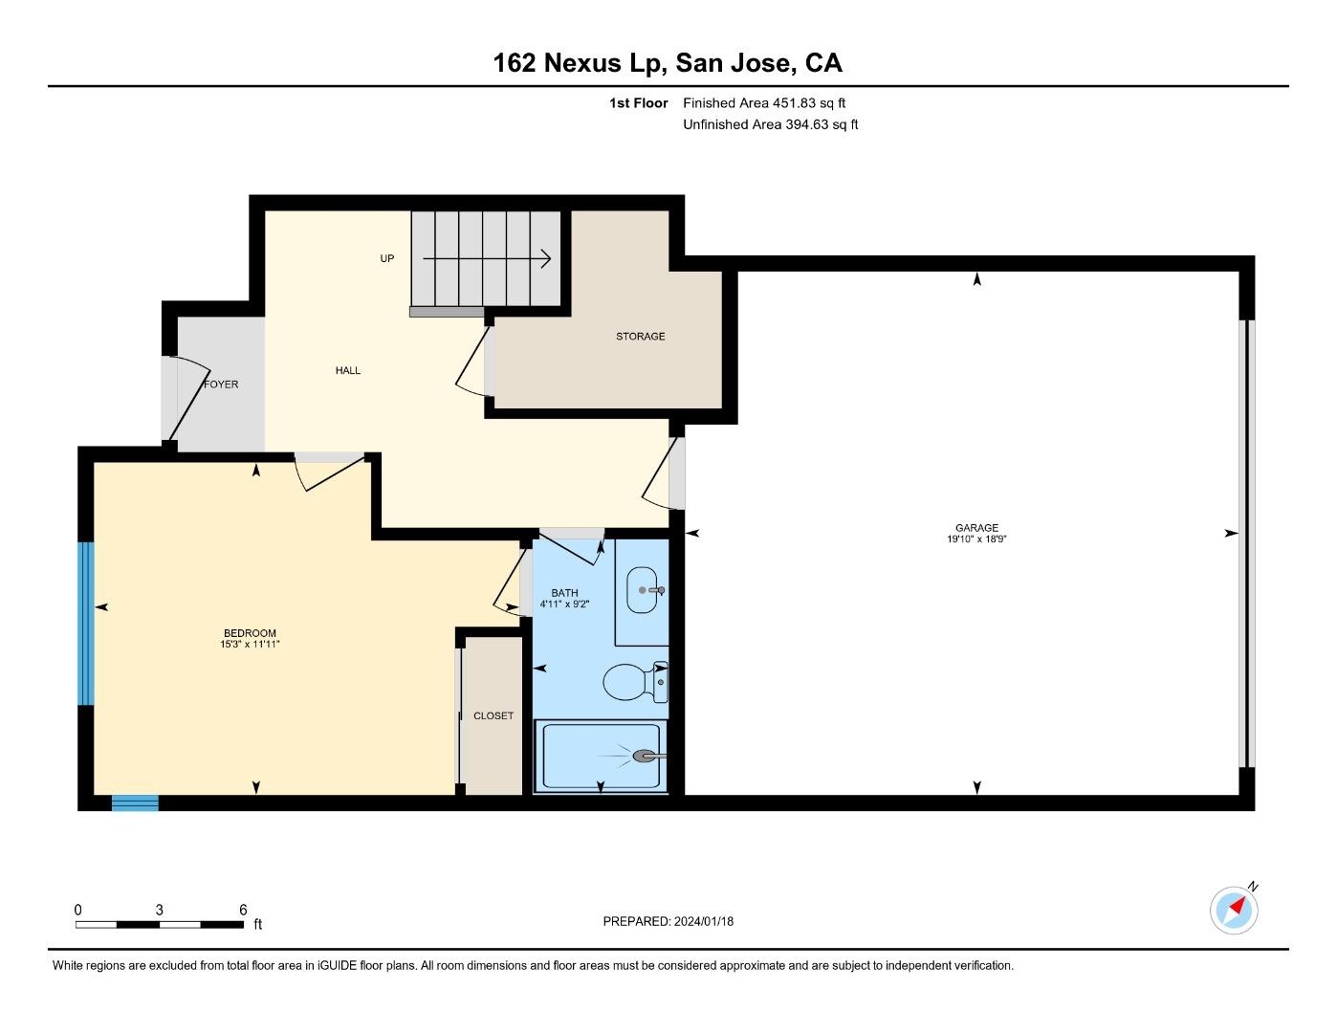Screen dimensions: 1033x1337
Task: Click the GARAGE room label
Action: tap(976, 527)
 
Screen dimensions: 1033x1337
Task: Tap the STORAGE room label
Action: tap(640, 337)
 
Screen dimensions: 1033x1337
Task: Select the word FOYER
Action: tap(221, 385)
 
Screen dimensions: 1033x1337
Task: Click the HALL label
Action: tap(348, 370)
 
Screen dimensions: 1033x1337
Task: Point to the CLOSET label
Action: tap(493, 715)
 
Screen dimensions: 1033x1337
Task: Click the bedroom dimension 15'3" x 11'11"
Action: tap(250, 645)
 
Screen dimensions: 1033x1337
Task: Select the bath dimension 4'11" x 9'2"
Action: tap(564, 604)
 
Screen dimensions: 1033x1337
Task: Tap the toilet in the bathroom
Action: tap(632, 682)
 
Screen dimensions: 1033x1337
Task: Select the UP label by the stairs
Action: tap(386, 258)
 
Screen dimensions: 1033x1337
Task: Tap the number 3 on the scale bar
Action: tap(160, 910)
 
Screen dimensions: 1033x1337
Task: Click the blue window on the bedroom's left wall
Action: tap(86, 624)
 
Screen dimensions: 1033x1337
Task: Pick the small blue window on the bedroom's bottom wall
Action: tap(135, 803)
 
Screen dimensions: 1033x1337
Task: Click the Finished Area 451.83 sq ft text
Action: tap(764, 102)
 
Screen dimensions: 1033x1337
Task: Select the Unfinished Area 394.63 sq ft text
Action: tap(770, 124)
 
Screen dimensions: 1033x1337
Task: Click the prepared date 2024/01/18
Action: tap(703, 921)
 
